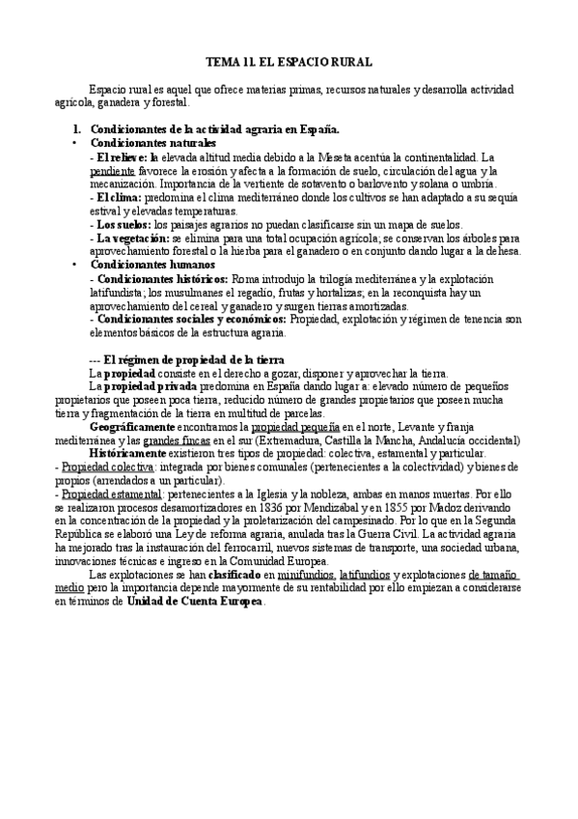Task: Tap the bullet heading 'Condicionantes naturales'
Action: (x=153, y=142)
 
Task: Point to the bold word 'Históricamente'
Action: (x=128, y=452)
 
